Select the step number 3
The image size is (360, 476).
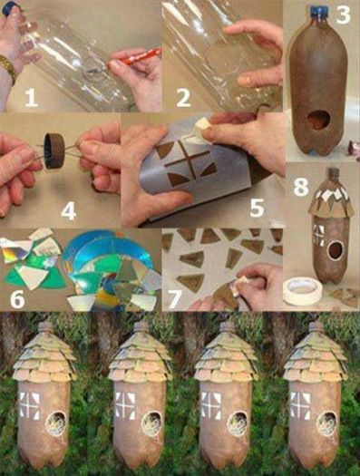342,15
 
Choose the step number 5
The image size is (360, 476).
256,208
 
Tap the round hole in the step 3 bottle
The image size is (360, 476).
317,120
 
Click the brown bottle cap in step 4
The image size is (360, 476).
54,146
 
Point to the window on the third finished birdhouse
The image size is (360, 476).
208,403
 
